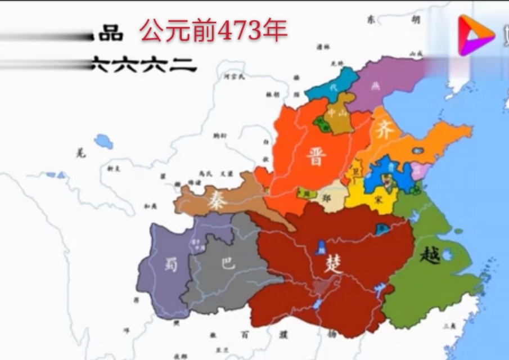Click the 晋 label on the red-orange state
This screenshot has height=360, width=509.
click(316, 157)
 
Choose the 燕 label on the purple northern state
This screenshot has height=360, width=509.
click(375, 86)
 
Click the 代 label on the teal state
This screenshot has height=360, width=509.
click(332, 88)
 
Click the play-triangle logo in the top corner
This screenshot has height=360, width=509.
click(470, 34)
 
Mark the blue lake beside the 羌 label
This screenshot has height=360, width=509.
click(103, 141)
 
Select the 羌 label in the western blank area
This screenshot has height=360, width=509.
click(81, 153)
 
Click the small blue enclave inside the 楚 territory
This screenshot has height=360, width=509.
click(321, 246)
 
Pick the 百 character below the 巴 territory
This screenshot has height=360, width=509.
click(245, 334)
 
